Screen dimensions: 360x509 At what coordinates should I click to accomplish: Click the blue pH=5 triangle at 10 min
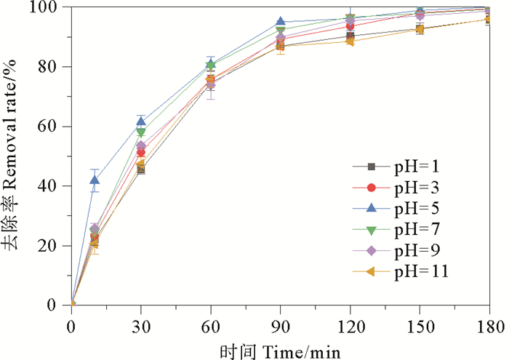coord(95,180)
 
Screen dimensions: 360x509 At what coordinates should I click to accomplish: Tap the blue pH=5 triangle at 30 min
coord(141,121)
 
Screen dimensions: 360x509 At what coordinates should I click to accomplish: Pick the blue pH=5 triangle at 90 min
coord(280,22)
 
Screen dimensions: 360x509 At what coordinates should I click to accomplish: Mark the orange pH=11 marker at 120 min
coord(350,41)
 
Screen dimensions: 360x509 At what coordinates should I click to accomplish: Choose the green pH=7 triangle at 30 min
coord(141,133)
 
